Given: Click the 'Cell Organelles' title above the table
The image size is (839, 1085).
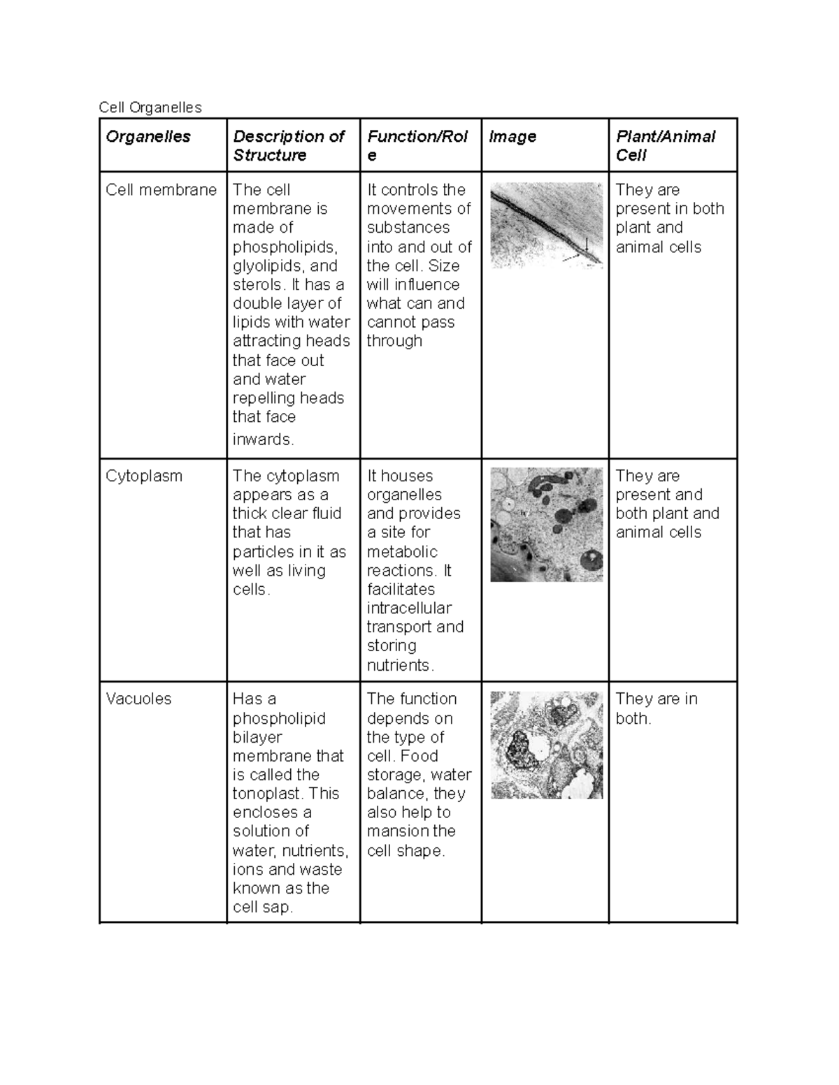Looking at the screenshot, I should (150, 107).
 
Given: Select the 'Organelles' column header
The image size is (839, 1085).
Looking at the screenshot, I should (148, 136).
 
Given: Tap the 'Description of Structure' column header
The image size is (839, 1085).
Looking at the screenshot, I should (288, 145).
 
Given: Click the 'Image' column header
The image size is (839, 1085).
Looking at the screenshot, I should (512, 136).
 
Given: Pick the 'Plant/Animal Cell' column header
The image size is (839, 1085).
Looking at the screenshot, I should (665, 145).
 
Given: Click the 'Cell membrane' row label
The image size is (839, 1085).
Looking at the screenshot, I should (161, 190).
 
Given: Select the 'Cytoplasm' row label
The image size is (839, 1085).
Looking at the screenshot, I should (143, 476).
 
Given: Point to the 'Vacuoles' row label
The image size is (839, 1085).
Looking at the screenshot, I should (138, 699).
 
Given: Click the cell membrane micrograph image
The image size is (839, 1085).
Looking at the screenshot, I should (546, 225).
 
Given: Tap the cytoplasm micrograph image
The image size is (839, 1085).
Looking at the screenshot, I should (546, 524).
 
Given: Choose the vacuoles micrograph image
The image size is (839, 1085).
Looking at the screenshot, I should (546, 745).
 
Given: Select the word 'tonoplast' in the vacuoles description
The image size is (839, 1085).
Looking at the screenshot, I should (267, 794).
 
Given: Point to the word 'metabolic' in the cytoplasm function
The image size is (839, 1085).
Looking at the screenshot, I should (402, 551).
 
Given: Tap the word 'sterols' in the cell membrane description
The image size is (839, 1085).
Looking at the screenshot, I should (258, 284).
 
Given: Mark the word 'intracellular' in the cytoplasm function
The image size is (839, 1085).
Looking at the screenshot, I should (409, 608).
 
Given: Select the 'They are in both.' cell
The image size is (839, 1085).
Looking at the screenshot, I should (656, 708).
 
